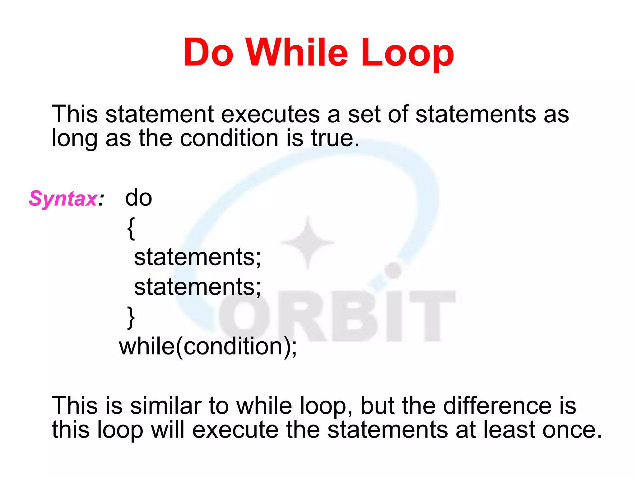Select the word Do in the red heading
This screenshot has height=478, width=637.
208,52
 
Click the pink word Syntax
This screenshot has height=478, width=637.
63,199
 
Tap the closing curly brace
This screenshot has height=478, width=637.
131,317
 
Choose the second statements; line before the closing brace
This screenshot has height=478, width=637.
197,287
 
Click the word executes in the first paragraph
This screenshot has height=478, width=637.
270,114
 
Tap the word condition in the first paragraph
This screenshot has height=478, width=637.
229,138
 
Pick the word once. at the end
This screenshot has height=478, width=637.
572,430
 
